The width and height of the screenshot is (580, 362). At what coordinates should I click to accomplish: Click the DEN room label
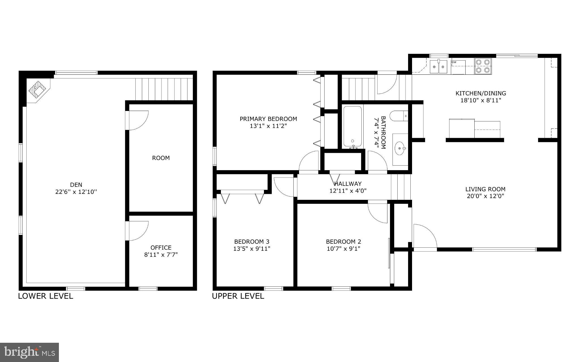coord(76,185)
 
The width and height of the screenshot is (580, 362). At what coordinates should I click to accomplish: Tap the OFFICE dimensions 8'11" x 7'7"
coord(161,254)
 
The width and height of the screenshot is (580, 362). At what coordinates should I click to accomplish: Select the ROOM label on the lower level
coord(161,158)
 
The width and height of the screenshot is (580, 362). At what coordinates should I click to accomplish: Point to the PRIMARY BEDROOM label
coord(268,119)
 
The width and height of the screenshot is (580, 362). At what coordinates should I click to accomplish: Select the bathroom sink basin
coord(400,148)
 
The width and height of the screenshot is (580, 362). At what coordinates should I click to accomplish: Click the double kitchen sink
coord(438,67)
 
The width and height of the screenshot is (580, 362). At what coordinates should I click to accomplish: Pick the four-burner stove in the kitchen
coord(483,66)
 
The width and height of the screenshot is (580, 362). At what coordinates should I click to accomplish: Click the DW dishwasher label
coord(454,62)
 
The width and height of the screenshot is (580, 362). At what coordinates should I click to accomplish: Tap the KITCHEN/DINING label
coord(481,93)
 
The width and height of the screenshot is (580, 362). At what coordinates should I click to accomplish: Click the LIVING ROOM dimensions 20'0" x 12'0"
coord(485,196)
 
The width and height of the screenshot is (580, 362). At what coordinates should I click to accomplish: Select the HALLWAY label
coord(348,184)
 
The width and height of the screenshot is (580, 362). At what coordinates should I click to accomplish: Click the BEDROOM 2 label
coord(343,241)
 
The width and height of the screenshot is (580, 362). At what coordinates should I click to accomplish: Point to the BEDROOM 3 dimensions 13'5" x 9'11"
coord(251,249)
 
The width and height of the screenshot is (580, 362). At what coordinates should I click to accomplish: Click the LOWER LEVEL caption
coord(46,296)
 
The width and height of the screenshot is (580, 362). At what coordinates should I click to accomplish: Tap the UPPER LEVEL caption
coord(238,296)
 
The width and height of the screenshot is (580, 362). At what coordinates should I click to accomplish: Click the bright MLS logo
coord(29,352)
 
